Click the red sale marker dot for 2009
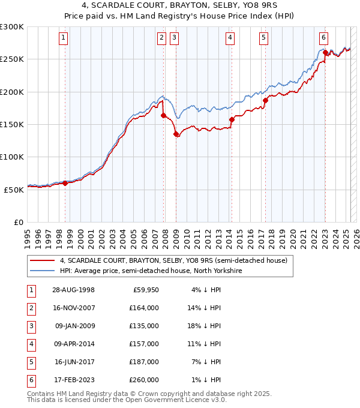[176, 134]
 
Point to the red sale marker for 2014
[232, 119]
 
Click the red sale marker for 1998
[65, 183]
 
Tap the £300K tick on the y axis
[12, 27]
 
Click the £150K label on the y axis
[12, 124]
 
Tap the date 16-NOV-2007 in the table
[74, 308]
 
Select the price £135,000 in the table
[145, 326]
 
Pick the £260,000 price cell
[145, 380]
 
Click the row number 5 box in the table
[30, 362]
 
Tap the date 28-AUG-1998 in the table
[74, 290]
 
